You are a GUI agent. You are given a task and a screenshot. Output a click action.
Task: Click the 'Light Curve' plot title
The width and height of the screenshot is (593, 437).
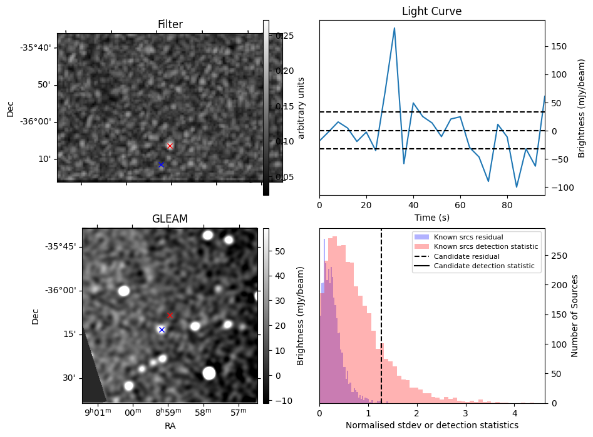point(431,11)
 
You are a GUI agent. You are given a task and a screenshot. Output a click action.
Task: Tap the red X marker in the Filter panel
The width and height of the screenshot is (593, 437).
point(170,146)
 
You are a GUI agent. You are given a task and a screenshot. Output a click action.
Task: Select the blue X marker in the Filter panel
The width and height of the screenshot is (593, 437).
point(161,164)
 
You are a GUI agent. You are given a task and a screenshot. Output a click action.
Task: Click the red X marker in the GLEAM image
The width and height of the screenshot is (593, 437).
point(170,315)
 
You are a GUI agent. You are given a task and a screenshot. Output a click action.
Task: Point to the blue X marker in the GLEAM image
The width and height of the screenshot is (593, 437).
point(162,329)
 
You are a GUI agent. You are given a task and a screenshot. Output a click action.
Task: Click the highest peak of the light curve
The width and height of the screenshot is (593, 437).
point(394,28)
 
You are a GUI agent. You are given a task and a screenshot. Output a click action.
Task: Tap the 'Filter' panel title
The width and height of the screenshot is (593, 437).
point(170,24)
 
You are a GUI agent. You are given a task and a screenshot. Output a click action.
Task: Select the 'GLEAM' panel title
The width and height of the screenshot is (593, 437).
point(170,219)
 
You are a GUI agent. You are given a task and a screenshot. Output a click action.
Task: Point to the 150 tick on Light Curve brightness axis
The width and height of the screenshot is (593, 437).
point(559,46)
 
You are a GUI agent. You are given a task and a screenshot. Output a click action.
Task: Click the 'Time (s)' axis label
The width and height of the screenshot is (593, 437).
point(431,218)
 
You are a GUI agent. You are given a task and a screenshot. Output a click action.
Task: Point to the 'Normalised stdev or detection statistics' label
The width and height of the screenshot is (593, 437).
point(431,425)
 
